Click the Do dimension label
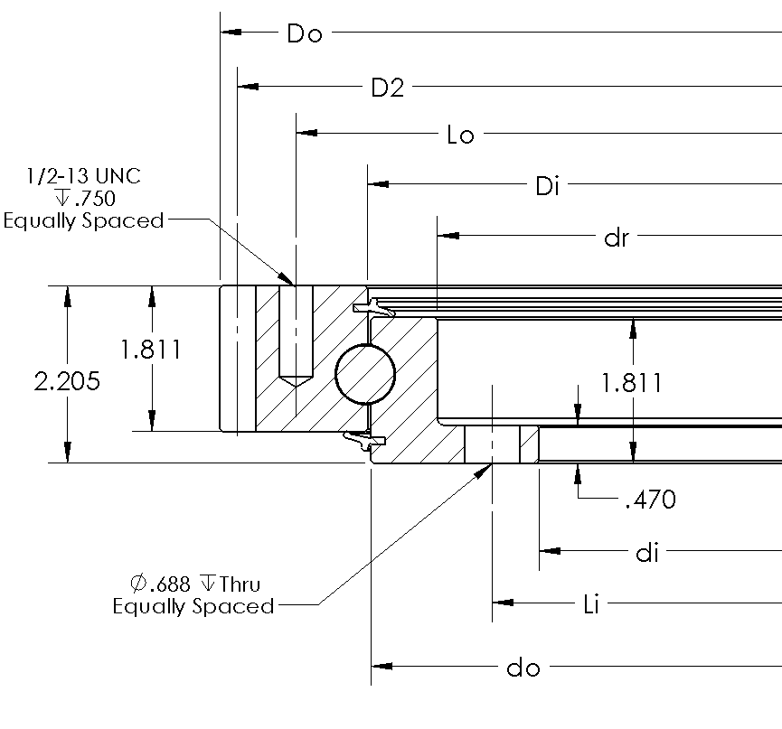pos(305,34)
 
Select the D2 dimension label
pos(388,89)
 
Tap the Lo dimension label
pos(461,136)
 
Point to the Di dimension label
pos(548,187)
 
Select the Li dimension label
pos(591,604)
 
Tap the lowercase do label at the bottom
pos(523,669)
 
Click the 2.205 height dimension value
pos(66,381)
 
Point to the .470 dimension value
pos(650,500)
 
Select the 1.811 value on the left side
pos(151,350)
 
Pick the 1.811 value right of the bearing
pos(633,383)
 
